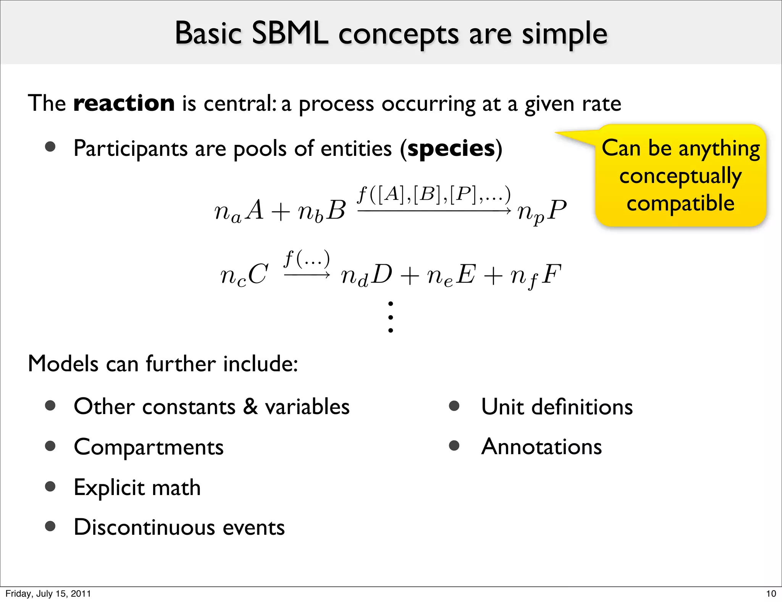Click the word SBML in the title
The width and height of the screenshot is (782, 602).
[x=290, y=34]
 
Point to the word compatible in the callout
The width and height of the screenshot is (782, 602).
[x=680, y=203]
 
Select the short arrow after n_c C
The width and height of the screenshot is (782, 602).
[x=307, y=275]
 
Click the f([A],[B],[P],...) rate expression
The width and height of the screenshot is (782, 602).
[x=434, y=195]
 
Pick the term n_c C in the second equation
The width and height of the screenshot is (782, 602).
[x=244, y=275]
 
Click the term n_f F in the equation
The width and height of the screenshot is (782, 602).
[x=536, y=276]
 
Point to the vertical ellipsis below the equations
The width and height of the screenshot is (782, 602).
[x=390, y=317]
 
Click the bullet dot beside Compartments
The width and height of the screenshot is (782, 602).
[x=50, y=446]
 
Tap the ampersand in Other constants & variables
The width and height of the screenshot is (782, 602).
[x=250, y=406]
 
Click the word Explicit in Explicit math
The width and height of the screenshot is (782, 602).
[x=109, y=487]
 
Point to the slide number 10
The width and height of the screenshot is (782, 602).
[x=771, y=594]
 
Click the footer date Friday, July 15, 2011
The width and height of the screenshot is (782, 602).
[x=48, y=594]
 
